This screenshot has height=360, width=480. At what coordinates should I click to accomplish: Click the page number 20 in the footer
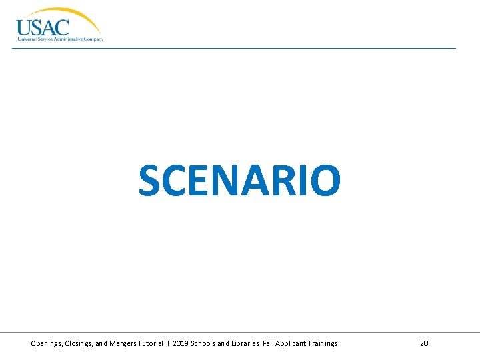click(424, 343)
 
